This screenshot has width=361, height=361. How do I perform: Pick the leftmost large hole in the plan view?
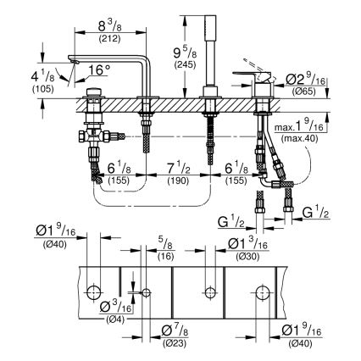coord(92,293)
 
